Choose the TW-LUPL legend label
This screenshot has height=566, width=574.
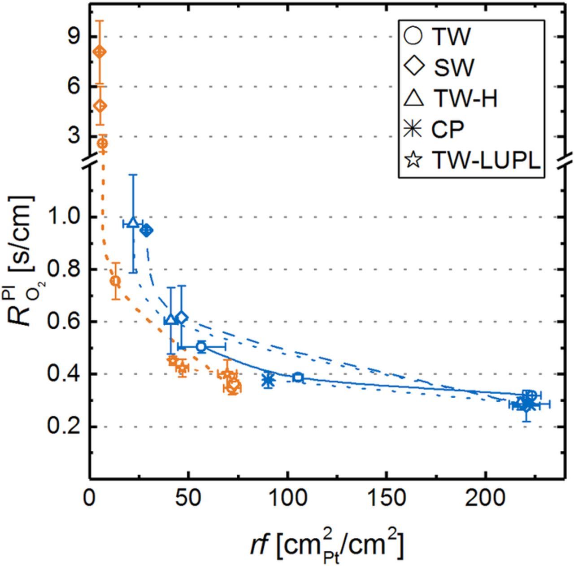click(x=486, y=160)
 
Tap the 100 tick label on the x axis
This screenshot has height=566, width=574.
click(x=287, y=498)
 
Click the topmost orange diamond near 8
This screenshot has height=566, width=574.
click(x=100, y=52)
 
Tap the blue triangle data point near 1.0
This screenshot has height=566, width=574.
click(x=132, y=223)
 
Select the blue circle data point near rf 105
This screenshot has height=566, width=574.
click(x=298, y=377)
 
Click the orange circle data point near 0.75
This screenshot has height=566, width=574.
click(x=115, y=281)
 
